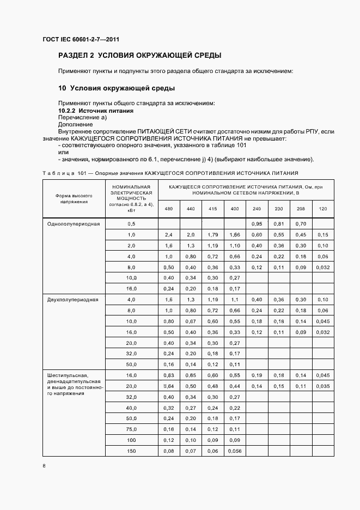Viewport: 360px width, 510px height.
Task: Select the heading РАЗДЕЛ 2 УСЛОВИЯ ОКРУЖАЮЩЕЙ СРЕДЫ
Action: pyautogui.click(x=139, y=56)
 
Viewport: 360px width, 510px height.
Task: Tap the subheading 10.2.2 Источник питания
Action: pyautogui.click(x=96, y=111)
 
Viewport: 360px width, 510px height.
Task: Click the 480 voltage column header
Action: pyautogui.click(x=168, y=209)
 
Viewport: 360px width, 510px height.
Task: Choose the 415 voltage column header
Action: pyautogui.click(x=212, y=209)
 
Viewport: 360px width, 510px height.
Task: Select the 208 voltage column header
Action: pyautogui.click(x=301, y=209)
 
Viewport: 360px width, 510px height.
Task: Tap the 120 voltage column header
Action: pyautogui.click(x=323, y=209)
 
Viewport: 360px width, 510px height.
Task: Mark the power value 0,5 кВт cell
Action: pyautogui.click(x=131, y=224)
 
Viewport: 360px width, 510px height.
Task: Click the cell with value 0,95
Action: pyautogui.click(x=257, y=224)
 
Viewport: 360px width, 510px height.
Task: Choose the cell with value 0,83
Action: pyautogui.click(x=168, y=375)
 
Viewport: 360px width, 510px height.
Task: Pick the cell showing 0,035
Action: pyautogui.click(x=323, y=386)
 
